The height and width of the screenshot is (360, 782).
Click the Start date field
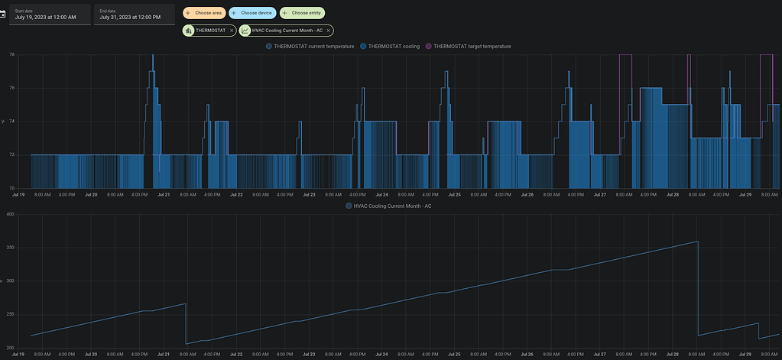[49, 14]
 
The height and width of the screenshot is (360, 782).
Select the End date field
[134, 14]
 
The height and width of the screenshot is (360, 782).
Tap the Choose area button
[203, 13]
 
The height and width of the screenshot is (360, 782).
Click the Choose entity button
[302, 13]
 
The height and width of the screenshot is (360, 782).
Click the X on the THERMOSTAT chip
[232, 31]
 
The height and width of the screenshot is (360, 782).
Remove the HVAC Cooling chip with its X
[329, 31]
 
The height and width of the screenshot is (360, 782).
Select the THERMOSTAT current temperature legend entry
[310, 47]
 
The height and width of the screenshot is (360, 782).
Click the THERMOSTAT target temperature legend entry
[468, 47]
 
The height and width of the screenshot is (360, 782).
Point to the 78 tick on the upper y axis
[11, 55]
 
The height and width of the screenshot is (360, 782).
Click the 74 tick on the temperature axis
[11, 122]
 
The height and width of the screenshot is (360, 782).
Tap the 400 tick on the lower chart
[10, 214]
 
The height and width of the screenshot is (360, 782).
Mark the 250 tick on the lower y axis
[10, 314]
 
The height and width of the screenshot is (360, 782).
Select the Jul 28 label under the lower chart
[673, 355]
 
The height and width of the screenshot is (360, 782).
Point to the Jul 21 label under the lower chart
[163, 355]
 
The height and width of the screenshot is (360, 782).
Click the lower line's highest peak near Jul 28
[697, 242]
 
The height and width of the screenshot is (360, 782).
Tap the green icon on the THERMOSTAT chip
[188, 31]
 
